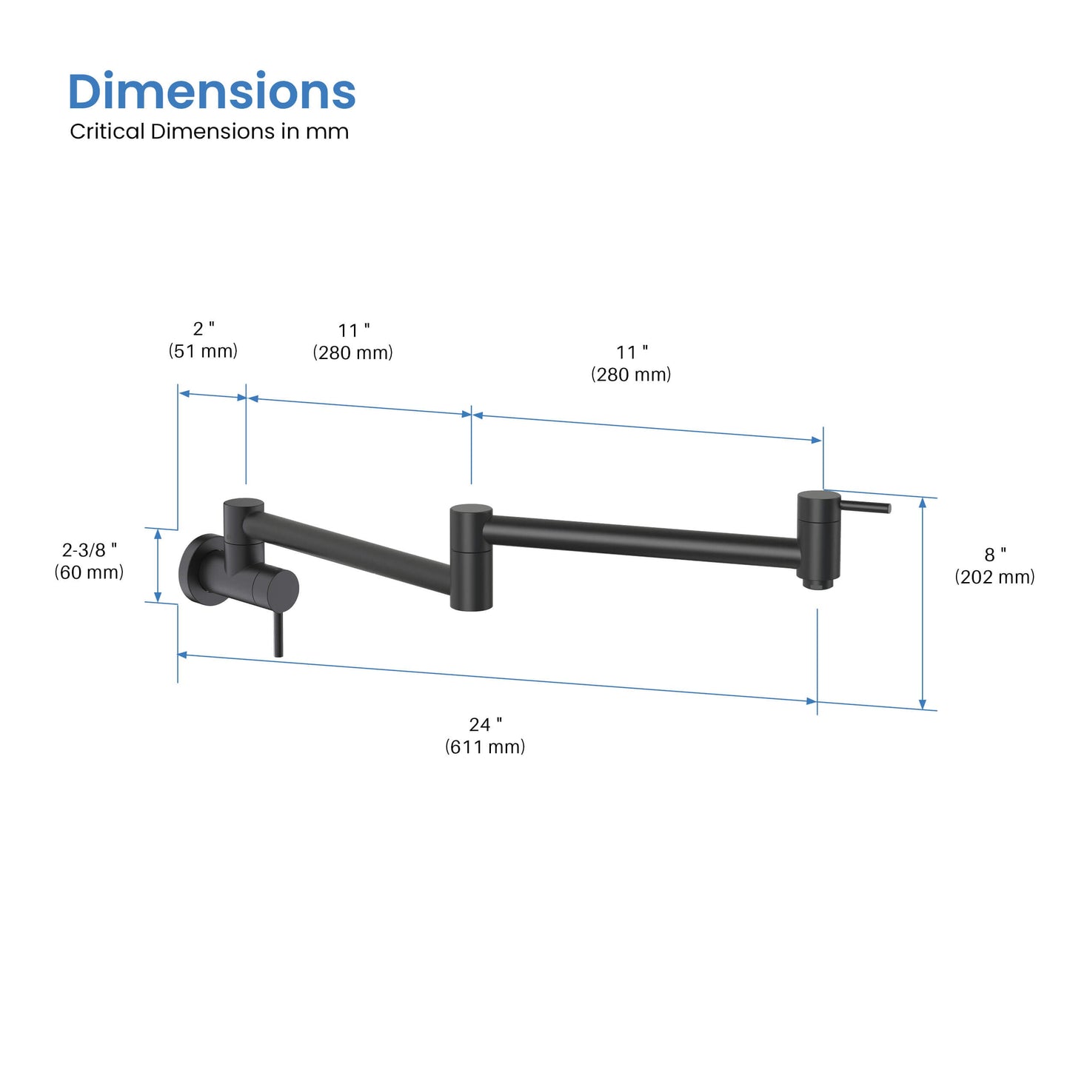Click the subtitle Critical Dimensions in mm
pyautogui.click(x=209, y=132)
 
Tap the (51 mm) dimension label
pyautogui.click(x=203, y=351)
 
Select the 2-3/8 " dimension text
pyautogui.click(x=89, y=549)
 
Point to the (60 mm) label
pyautogui.click(x=89, y=572)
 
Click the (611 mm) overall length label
pyautogui.click(x=485, y=746)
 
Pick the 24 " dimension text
pyautogui.click(x=485, y=724)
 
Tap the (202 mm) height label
pyautogui.click(x=994, y=577)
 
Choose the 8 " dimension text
pyautogui.click(x=994, y=555)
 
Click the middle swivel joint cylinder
pyautogui.click(x=471, y=559)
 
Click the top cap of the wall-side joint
pyautogui.click(x=244, y=505)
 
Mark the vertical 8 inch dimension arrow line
pyautogui.click(x=922, y=603)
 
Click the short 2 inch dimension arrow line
pyautogui.click(x=212, y=395)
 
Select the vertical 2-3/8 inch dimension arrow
pyautogui.click(x=157, y=565)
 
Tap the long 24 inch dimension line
pyautogui.click(x=496, y=678)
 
